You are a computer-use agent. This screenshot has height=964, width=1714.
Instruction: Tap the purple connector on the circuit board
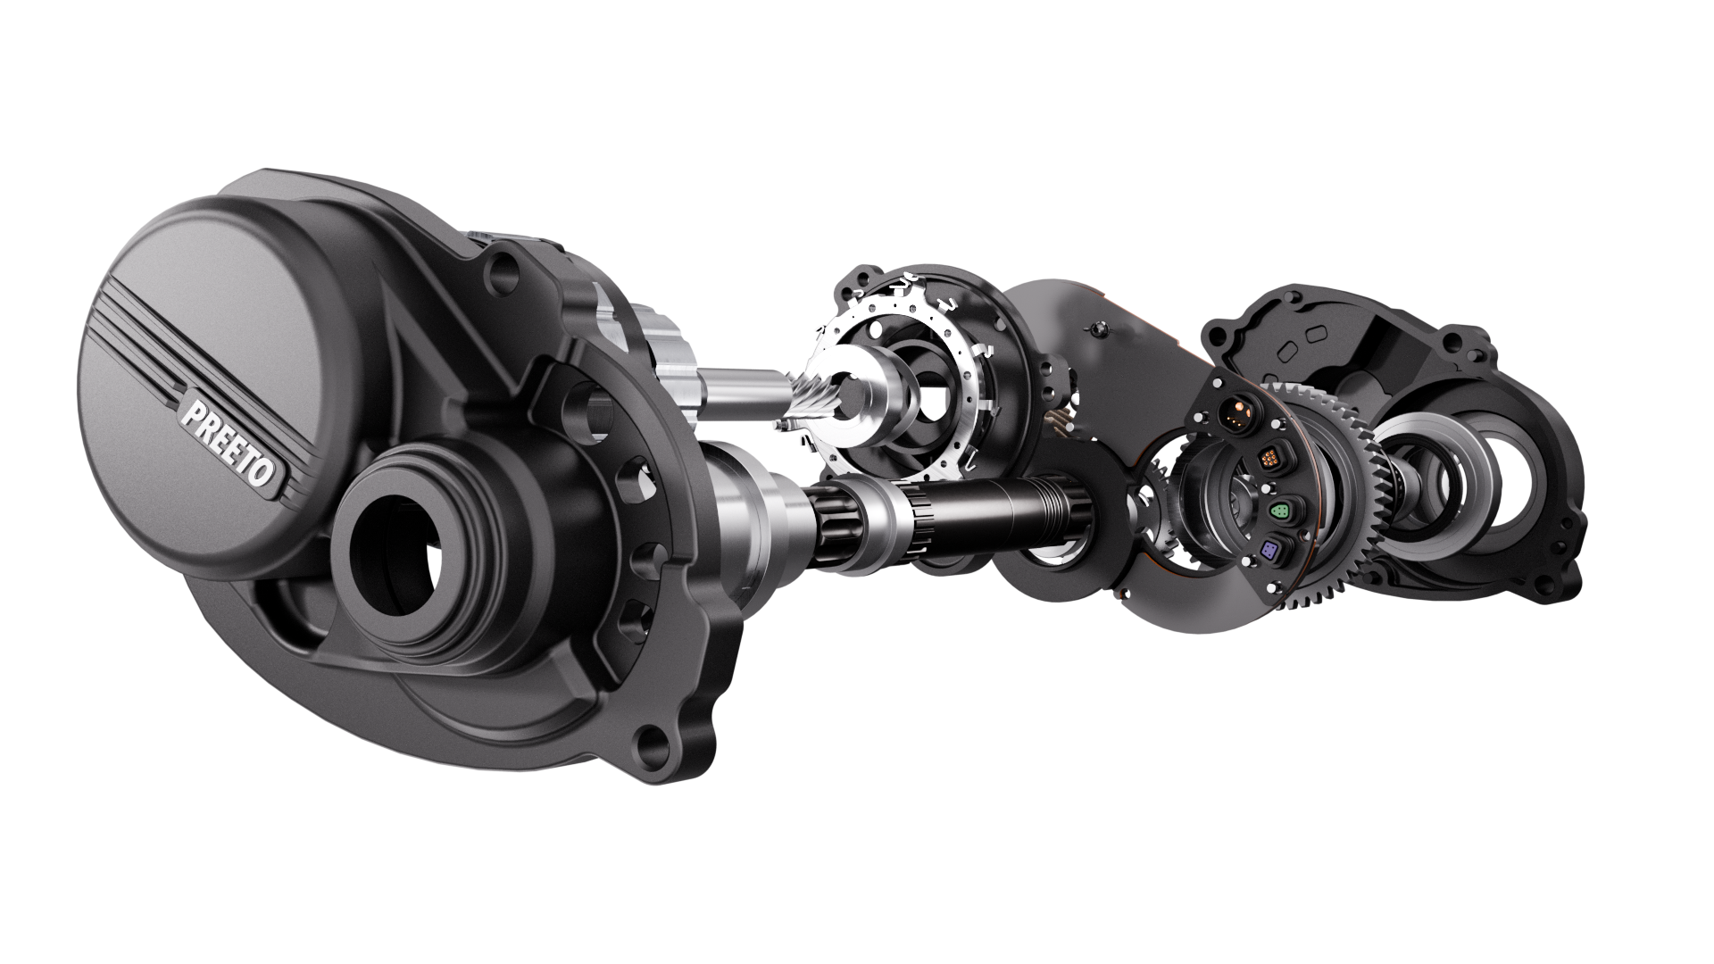(x=1269, y=552)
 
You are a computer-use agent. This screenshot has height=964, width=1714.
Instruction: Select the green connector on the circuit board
(x=1277, y=511)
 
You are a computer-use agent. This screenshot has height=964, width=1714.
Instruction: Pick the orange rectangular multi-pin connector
(x=1268, y=459)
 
